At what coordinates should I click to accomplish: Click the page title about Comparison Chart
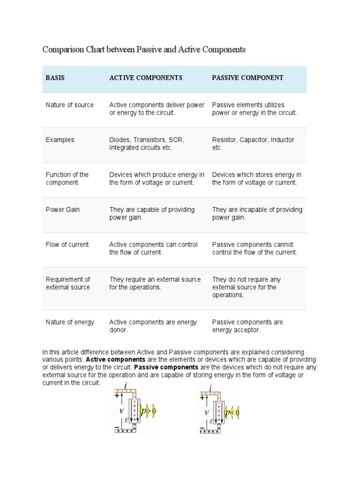coord(144,49)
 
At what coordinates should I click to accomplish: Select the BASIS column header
coord(55,78)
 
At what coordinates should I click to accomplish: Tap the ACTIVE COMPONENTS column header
coord(146,78)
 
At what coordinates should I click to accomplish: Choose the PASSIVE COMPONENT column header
coord(247,78)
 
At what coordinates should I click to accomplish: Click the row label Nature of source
coord(69,105)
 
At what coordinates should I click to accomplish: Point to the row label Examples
coord(60,140)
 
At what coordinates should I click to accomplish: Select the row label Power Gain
coord(62,210)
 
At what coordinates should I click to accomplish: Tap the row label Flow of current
coord(67,244)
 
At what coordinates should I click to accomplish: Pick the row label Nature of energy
coord(70,322)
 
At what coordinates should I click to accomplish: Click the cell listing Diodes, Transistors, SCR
coord(147,143)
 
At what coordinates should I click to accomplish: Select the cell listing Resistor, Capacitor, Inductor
coord(253,143)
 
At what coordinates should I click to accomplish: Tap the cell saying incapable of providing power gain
coord(257,213)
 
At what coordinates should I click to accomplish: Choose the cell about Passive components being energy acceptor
coord(247,326)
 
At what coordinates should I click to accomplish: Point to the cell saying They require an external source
coord(155,283)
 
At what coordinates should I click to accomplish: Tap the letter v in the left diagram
coord(121,411)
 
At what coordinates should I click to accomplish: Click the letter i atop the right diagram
coord(211,388)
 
